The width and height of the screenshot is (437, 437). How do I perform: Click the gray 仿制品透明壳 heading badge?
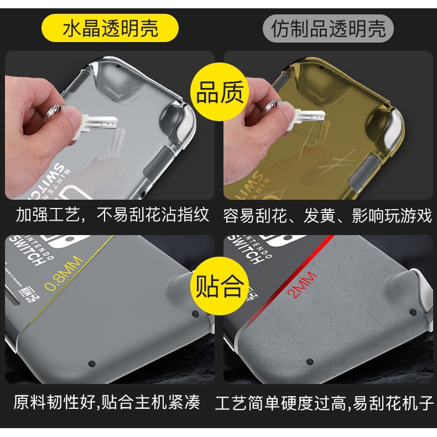pyautogui.click(x=329, y=28)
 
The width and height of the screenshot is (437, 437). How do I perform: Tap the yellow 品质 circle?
pyautogui.click(x=219, y=93)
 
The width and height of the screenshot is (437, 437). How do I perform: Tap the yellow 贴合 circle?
pyautogui.click(x=219, y=287)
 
